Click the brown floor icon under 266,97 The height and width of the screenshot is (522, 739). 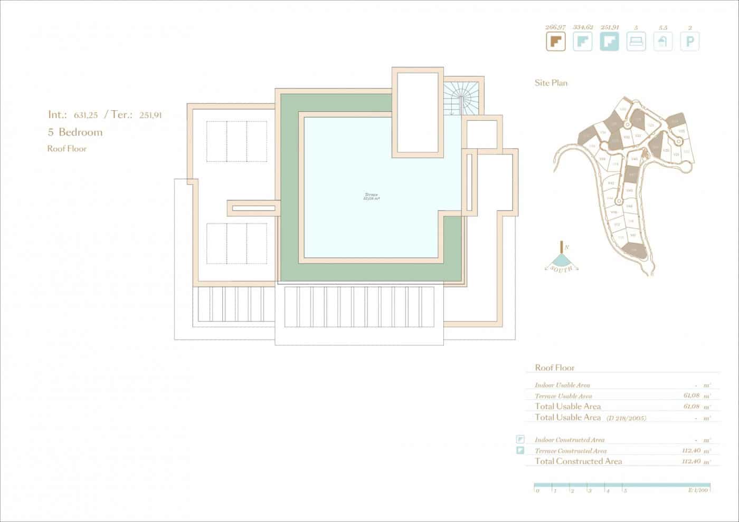pos(555,41)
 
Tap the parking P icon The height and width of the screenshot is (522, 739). pos(689,41)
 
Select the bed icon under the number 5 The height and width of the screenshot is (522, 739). pos(636,41)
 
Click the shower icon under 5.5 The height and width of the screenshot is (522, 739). pos(663,41)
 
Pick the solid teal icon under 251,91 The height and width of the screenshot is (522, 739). pos(609,41)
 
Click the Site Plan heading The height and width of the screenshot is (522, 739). pos(551,83)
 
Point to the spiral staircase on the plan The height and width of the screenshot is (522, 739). pos(461,96)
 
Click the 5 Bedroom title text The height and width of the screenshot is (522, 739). pos(75,132)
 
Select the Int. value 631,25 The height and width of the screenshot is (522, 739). pos(86,115)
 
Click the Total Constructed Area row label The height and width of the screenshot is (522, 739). pos(578,461)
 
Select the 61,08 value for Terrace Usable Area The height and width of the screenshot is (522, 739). pos(691,396)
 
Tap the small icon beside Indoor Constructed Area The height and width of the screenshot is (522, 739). pos(520,439)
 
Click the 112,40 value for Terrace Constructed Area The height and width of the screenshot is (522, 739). pos(692,451)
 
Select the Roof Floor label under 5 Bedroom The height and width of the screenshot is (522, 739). pos(67,149)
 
